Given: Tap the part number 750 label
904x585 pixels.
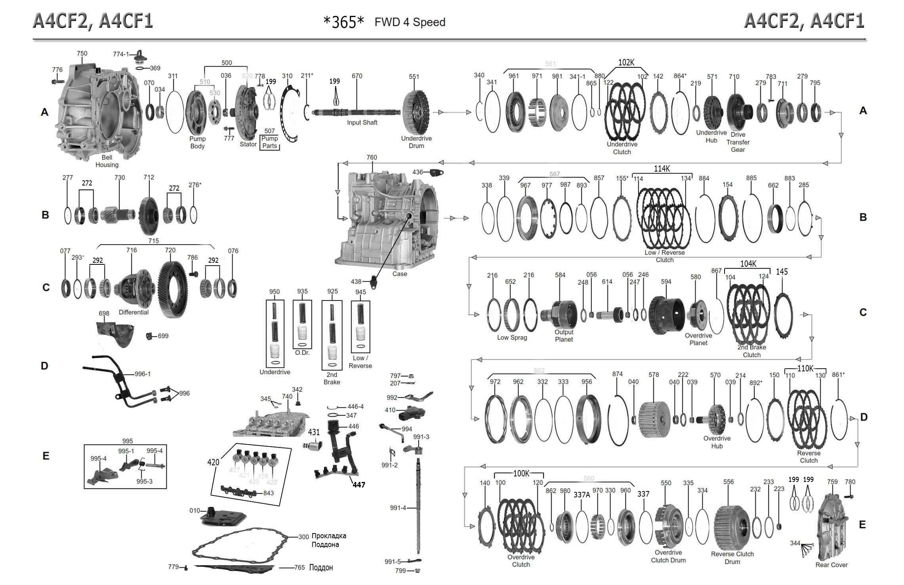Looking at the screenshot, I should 82,54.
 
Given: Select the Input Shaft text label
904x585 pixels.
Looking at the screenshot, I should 362,122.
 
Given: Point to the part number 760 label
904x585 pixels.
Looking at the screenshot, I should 372,157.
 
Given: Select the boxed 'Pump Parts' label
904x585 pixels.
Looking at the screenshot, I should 270,142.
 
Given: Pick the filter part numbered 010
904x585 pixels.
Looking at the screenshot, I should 223,517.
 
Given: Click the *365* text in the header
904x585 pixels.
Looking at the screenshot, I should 343,23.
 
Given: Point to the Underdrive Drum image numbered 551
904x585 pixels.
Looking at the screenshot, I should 416,111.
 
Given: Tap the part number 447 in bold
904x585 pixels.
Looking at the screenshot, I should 359,485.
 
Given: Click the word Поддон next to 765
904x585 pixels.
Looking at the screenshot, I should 321,568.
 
